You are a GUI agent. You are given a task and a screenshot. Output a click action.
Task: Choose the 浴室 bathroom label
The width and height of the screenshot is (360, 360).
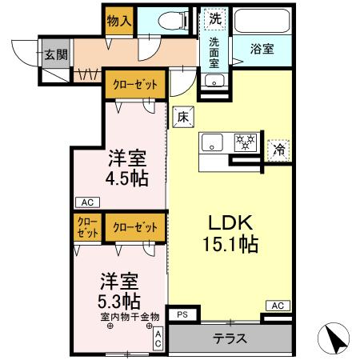click(x=262, y=49)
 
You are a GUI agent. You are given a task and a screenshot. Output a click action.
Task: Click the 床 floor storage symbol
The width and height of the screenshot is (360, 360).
click(x=182, y=117)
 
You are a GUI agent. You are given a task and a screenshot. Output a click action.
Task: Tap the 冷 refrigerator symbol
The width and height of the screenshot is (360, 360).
click(x=278, y=149)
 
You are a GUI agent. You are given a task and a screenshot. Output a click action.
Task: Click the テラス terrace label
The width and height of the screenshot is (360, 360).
click(x=230, y=338)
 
